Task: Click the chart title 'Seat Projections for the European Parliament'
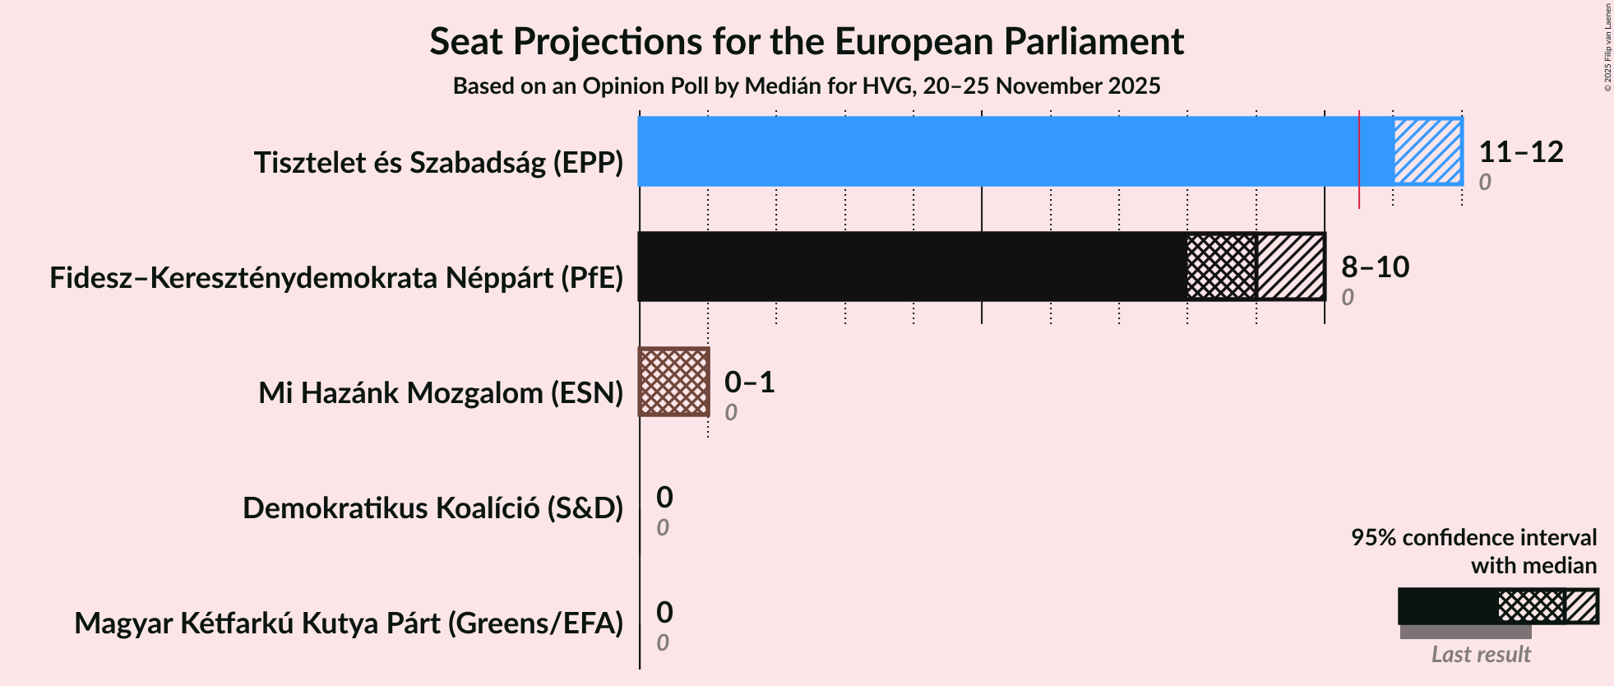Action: [806, 42]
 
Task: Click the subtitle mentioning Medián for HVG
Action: [806, 86]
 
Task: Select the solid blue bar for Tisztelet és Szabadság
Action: [995, 151]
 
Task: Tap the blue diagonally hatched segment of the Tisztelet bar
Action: [1427, 151]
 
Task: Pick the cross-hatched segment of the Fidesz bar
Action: [1222, 267]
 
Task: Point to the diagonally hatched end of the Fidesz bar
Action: [1291, 267]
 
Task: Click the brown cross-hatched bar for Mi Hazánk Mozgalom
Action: [674, 382]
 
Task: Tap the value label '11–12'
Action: [1520, 152]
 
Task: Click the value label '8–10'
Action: [1375, 267]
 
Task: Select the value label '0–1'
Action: [749, 382]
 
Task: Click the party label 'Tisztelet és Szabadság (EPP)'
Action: [438, 163]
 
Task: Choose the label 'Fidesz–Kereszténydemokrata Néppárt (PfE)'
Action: [336, 278]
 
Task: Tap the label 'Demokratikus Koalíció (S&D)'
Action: [432, 508]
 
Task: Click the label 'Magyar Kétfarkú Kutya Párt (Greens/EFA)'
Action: [349, 623]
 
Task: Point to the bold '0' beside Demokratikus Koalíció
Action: [664, 498]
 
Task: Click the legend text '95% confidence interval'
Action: [1473, 538]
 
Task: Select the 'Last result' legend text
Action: [1481, 655]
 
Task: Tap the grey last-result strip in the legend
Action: [1465, 632]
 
